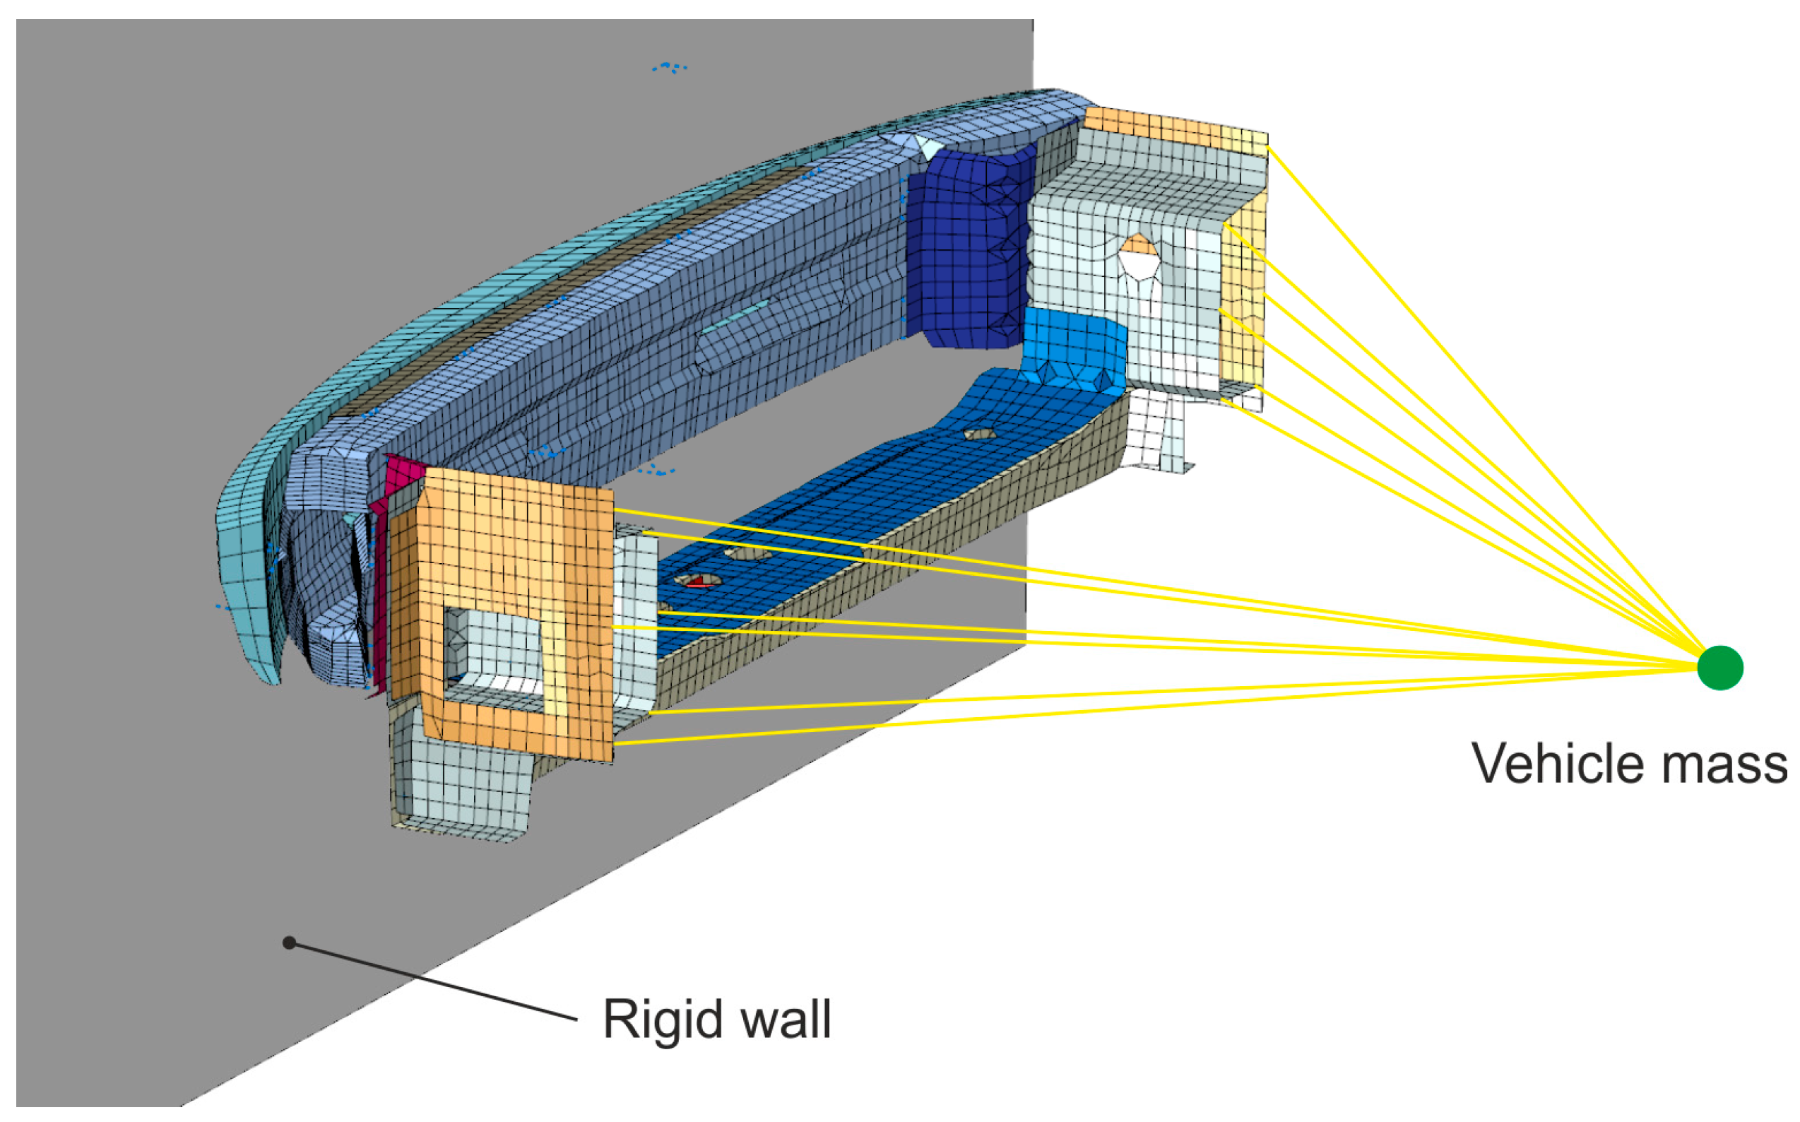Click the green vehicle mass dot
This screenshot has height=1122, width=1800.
pyautogui.click(x=1719, y=668)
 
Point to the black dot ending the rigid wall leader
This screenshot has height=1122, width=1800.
pyautogui.click(x=290, y=943)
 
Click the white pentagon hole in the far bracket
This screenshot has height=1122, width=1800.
pyautogui.click(x=1138, y=264)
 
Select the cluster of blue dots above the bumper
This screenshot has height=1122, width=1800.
pyautogui.click(x=670, y=68)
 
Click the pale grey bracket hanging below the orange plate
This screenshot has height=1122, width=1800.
pyautogui.click(x=460, y=794)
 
